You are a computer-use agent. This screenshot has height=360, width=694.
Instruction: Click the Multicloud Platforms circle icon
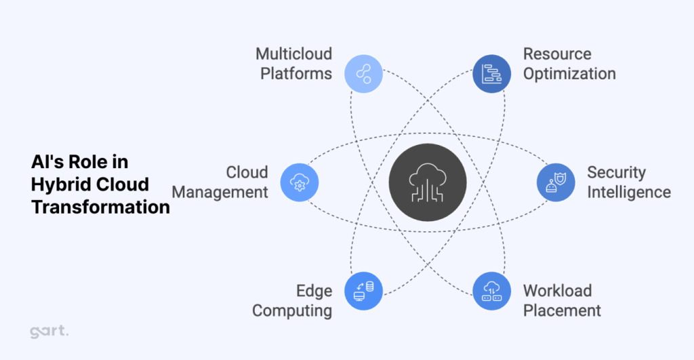[364, 73]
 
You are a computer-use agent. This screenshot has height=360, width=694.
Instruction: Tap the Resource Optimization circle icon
[492, 73]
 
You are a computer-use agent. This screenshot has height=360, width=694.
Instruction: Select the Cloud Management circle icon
[299, 182]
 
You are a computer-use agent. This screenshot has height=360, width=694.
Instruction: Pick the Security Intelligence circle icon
[556, 182]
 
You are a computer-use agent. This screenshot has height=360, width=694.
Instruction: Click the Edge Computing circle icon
[364, 291]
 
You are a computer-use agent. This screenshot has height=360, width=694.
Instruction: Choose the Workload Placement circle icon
[492, 291]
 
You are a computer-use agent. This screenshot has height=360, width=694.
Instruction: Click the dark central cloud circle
[428, 182]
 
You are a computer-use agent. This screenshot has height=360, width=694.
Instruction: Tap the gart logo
[49, 332]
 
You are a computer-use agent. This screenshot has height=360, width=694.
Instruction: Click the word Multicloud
[293, 54]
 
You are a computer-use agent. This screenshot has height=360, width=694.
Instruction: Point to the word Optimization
[569, 73]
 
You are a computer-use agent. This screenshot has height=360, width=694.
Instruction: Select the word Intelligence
[628, 192]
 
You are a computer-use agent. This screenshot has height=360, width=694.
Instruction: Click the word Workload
[557, 291]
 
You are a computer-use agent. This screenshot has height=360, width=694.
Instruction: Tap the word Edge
[314, 291]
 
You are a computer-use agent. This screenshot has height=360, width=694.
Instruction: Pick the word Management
[220, 192]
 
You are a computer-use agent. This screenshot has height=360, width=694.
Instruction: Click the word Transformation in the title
[100, 207]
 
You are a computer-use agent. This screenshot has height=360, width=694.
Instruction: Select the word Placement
[562, 311]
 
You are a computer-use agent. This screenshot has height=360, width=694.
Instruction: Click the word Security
[616, 172]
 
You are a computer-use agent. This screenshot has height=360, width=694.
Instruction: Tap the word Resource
[557, 54]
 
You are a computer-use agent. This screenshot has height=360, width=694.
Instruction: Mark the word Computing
[292, 311]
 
